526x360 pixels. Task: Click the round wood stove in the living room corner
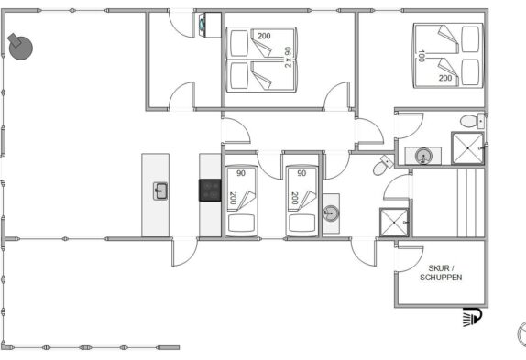point(20,47)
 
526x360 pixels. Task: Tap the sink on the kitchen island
point(160,191)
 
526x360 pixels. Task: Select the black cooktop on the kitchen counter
point(210,191)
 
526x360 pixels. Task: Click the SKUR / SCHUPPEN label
point(441,273)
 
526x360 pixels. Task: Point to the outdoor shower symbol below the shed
point(472,317)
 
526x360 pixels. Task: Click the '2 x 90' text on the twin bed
point(288,58)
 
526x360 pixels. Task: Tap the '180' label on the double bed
point(422,56)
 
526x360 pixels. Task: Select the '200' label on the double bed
point(445,78)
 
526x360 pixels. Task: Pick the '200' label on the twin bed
point(264,36)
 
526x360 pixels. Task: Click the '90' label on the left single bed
point(241,173)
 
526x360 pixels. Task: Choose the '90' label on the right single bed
point(301,173)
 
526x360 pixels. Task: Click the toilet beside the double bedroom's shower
point(472,121)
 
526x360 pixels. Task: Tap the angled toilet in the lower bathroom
point(383,165)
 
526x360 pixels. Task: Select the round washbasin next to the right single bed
point(331,213)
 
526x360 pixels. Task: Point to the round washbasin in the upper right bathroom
point(423,157)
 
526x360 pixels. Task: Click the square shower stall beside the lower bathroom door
point(394,223)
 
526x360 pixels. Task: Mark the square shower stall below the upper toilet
point(467,148)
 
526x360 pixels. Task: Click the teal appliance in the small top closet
point(202,25)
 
